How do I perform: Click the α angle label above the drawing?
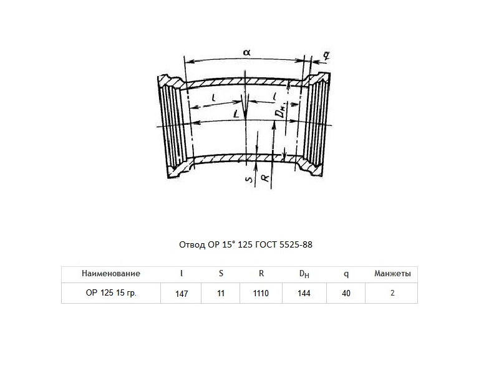coord(246,52)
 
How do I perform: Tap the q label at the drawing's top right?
coord(326,55)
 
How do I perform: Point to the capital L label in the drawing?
coord(236,114)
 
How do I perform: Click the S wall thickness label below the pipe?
coord(249,180)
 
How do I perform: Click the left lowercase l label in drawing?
coord(214,98)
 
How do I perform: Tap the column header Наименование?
coord(111,273)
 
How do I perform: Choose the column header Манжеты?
coord(392,273)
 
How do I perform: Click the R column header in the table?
coord(261,273)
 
